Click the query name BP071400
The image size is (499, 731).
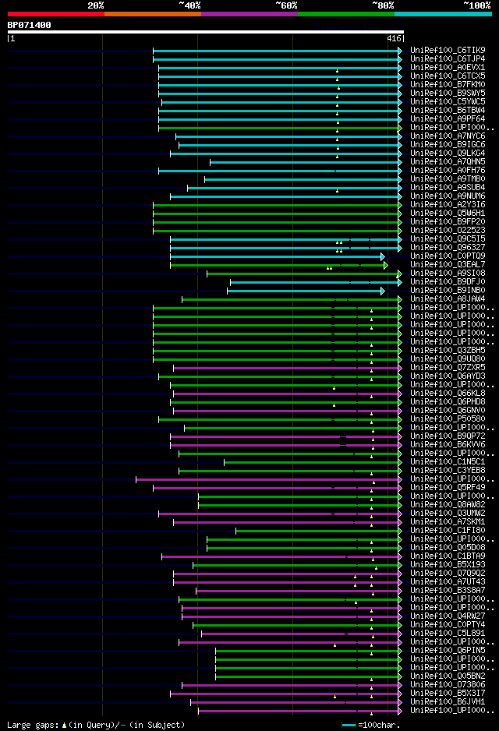pyautogui.click(x=30, y=25)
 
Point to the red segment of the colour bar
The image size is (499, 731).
pyautogui.click(x=55, y=13)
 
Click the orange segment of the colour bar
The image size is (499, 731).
pyautogui.click(x=152, y=13)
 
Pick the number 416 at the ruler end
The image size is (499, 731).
pyautogui.click(x=393, y=37)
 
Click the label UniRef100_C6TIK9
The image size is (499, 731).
pyautogui.click(x=448, y=50)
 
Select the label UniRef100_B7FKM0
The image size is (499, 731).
pyautogui.click(x=448, y=84)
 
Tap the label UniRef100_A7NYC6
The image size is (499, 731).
pyautogui.click(x=448, y=136)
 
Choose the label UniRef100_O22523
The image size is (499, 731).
pyautogui.click(x=448, y=230)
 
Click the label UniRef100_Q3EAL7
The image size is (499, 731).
pyautogui.click(x=448, y=264)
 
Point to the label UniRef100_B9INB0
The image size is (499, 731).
pyautogui.click(x=448, y=290)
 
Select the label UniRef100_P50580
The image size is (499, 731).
pyautogui.click(x=448, y=418)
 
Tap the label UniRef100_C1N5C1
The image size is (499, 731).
pyautogui.click(x=448, y=461)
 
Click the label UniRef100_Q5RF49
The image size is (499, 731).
pyautogui.click(x=448, y=487)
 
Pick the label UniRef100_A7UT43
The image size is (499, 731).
pyautogui.click(x=448, y=581)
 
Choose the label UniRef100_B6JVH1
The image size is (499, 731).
pyautogui.click(x=448, y=701)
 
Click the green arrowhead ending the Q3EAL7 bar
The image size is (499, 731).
pyautogui.click(x=385, y=265)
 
